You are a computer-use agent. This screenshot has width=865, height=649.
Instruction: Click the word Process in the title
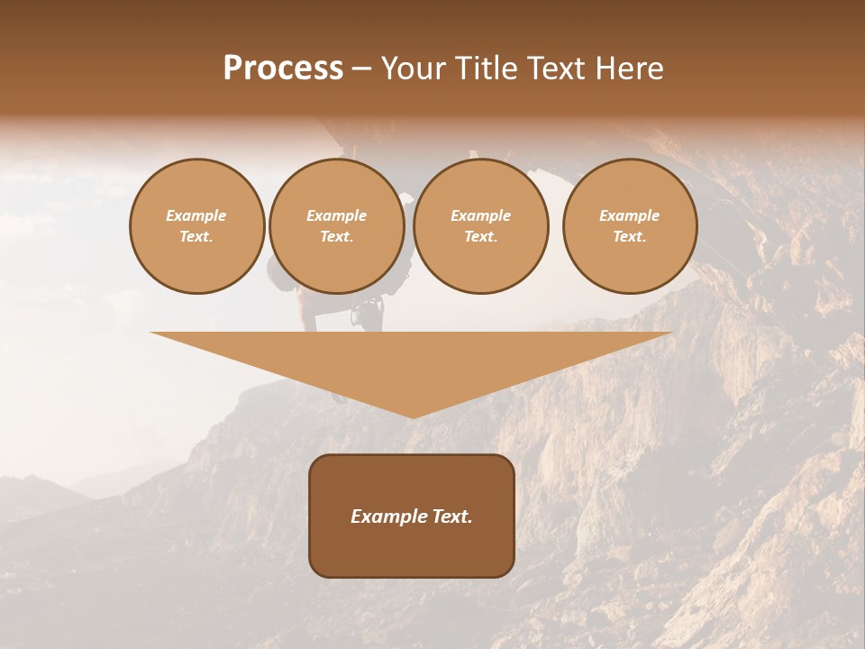pyautogui.click(x=283, y=69)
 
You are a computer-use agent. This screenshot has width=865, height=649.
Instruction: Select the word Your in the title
pyautogui.click(x=412, y=69)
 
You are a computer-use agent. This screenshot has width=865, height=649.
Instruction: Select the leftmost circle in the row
pyautogui.click(x=197, y=226)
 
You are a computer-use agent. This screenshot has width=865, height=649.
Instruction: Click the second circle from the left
pyautogui.click(x=337, y=226)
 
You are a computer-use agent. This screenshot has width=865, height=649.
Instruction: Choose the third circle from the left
pyautogui.click(x=481, y=226)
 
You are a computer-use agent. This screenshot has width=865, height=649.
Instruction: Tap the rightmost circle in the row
pyautogui.click(x=630, y=226)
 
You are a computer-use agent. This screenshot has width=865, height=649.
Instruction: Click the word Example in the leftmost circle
pyautogui.click(x=196, y=215)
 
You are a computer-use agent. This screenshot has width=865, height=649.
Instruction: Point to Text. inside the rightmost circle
pyautogui.click(x=630, y=237)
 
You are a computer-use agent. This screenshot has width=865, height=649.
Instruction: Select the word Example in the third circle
pyautogui.click(x=481, y=215)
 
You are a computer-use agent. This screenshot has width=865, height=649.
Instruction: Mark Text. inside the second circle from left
pyautogui.click(x=337, y=237)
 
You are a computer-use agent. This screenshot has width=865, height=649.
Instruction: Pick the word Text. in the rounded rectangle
pyautogui.click(x=451, y=516)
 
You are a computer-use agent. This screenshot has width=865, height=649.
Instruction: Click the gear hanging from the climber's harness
pyautogui.click(x=367, y=313)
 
